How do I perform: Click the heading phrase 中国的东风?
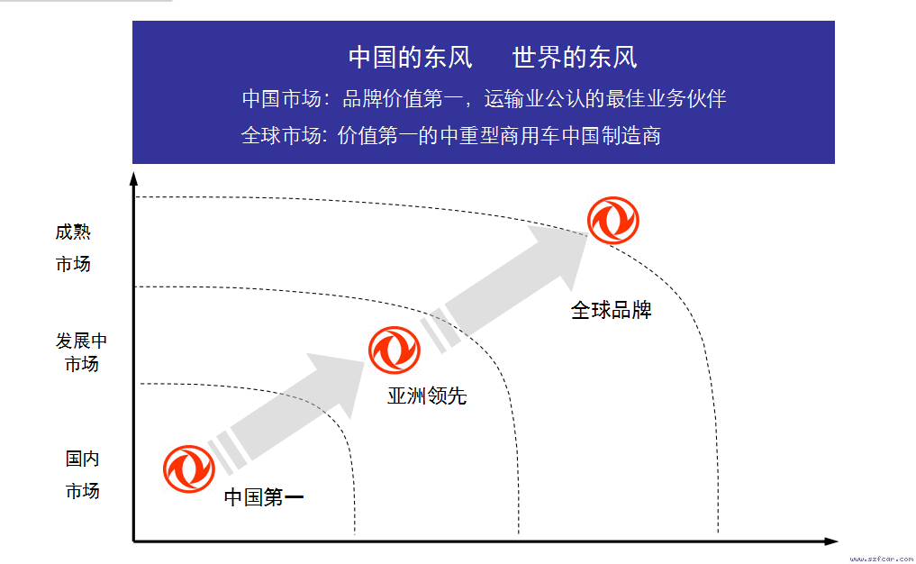(x=410, y=58)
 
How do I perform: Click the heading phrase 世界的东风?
(x=575, y=58)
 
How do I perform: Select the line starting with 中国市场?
(x=485, y=99)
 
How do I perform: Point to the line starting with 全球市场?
(x=451, y=135)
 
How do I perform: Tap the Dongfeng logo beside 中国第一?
(x=189, y=468)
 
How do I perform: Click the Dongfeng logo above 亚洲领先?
(x=395, y=350)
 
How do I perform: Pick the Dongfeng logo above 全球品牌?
(x=612, y=221)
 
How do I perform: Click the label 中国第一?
(x=264, y=497)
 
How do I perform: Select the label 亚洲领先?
(x=427, y=396)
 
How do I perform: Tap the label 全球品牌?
(x=611, y=310)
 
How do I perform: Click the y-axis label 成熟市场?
(x=73, y=248)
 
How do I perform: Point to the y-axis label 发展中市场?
(x=81, y=352)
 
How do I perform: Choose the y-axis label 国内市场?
(x=82, y=475)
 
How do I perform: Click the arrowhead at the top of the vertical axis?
(x=134, y=178)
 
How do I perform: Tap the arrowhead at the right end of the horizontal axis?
(x=831, y=541)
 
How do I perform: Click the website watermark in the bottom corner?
(x=881, y=559)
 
